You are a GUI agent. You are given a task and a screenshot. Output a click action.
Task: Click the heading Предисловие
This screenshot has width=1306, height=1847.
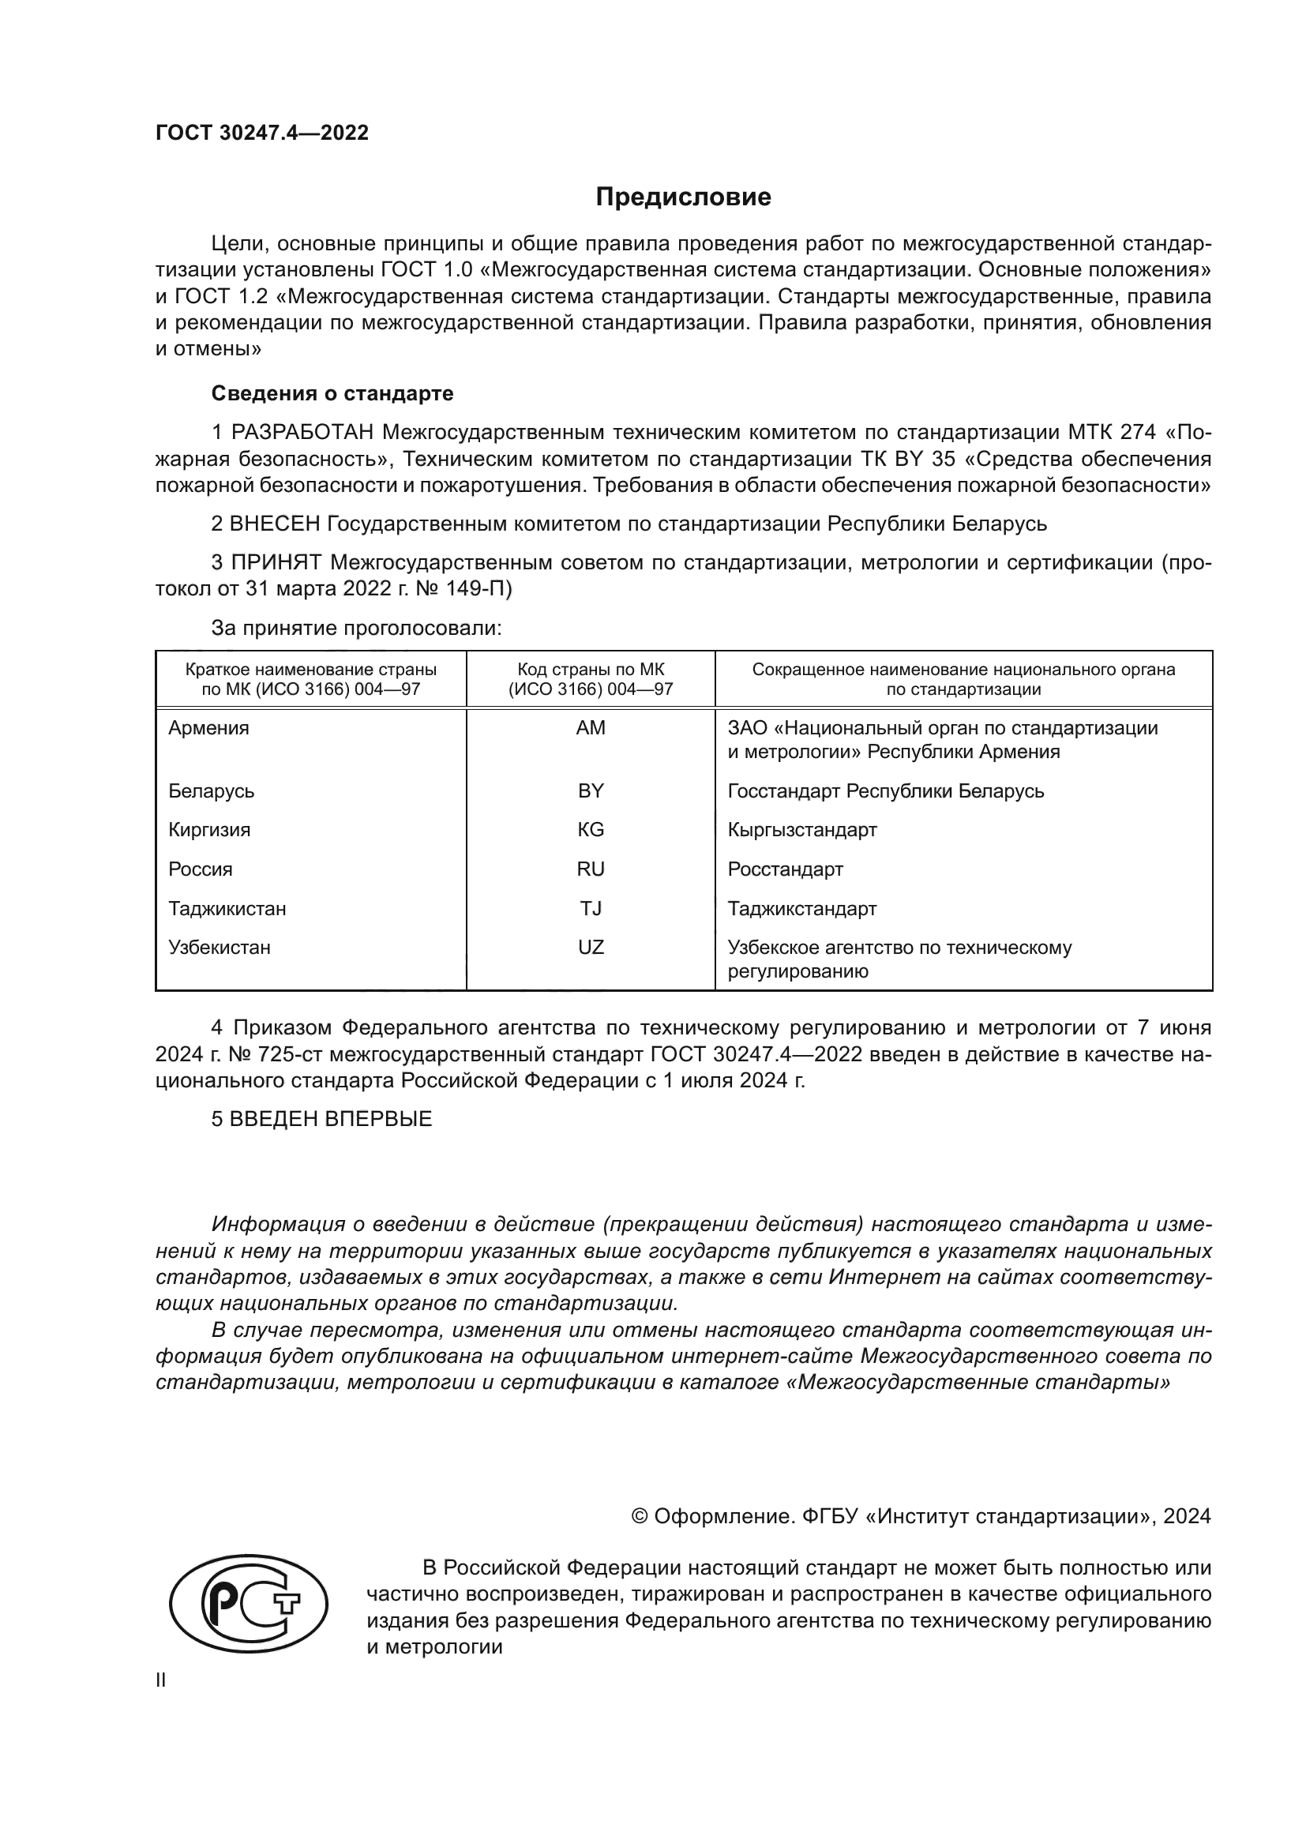click(683, 197)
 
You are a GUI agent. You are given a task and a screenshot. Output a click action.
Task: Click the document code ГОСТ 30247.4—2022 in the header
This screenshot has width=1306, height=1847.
click(262, 133)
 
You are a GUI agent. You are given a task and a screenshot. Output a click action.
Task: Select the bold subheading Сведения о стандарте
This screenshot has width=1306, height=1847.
click(332, 393)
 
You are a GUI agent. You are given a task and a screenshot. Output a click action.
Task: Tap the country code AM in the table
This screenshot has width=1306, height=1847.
click(591, 728)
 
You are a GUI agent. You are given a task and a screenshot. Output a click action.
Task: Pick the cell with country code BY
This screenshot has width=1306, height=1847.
click(591, 790)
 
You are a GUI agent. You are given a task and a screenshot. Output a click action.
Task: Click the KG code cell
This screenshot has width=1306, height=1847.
click(591, 829)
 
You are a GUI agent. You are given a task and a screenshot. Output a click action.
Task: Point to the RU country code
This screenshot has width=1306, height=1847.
click(591, 869)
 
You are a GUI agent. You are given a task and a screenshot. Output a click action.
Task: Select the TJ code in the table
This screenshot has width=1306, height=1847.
click(591, 908)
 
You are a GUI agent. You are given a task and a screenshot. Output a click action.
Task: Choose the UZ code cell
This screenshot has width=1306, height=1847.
click(591, 947)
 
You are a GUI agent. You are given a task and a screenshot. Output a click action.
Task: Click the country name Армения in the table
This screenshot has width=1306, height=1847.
click(208, 728)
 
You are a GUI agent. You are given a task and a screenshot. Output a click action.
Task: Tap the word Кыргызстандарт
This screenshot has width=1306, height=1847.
click(801, 829)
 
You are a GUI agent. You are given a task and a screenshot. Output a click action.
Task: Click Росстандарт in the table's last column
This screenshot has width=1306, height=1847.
click(785, 869)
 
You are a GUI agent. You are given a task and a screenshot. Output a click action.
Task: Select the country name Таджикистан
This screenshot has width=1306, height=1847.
click(227, 908)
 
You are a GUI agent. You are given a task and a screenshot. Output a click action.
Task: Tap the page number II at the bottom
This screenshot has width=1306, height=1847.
click(161, 1680)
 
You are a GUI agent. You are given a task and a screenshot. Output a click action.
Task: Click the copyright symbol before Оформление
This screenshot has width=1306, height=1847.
click(640, 1517)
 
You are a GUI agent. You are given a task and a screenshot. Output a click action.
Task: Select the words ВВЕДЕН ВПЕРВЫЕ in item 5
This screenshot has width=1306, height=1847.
click(331, 1119)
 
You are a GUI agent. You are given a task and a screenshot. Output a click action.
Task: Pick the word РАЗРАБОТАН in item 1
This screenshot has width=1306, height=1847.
click(302, 433)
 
